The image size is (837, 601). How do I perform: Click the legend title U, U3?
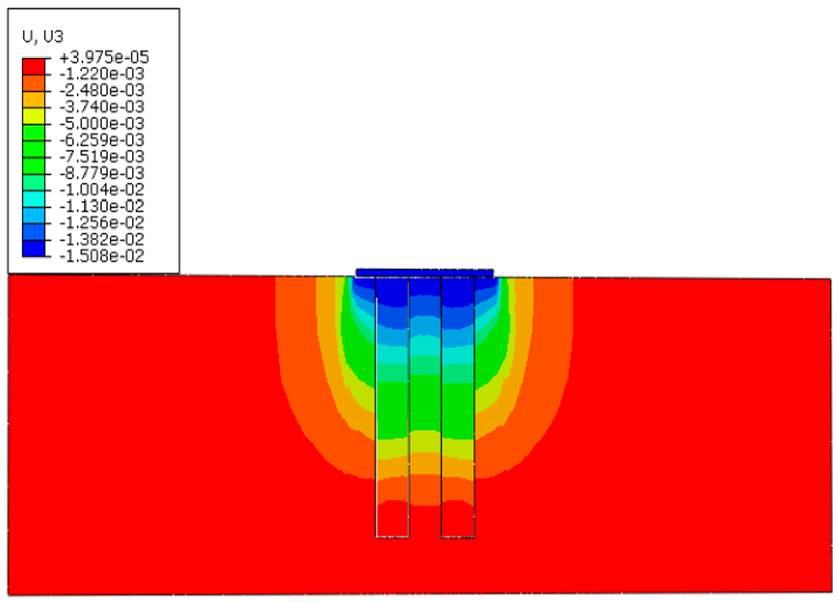pos(43,37)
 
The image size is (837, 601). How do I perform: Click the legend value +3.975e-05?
pos(104,58)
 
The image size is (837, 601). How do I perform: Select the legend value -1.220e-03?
pos(102,74)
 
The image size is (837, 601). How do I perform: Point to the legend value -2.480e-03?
pos(102,90)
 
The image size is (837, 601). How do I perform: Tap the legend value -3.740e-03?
pos(102,107)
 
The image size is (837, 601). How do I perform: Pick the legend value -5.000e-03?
pos(102,124)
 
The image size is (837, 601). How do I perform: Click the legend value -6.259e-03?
pos(102,140)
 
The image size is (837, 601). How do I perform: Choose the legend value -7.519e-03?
pos(102,156)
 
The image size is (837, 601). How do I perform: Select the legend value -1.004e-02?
pos(102,190)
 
